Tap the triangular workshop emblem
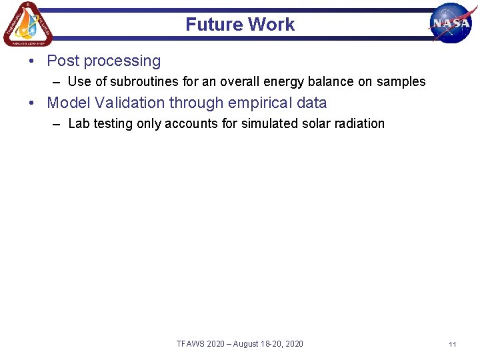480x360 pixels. pyautogui.click(x=27, y=24)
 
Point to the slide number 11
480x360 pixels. pyautogui.click(x=452, y=344)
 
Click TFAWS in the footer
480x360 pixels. pyautogui.click(x=191, y=344)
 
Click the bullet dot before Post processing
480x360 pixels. pyautogui.click(x=32, y=61)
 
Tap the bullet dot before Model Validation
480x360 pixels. pyautogui.click(x=32, y=103)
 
